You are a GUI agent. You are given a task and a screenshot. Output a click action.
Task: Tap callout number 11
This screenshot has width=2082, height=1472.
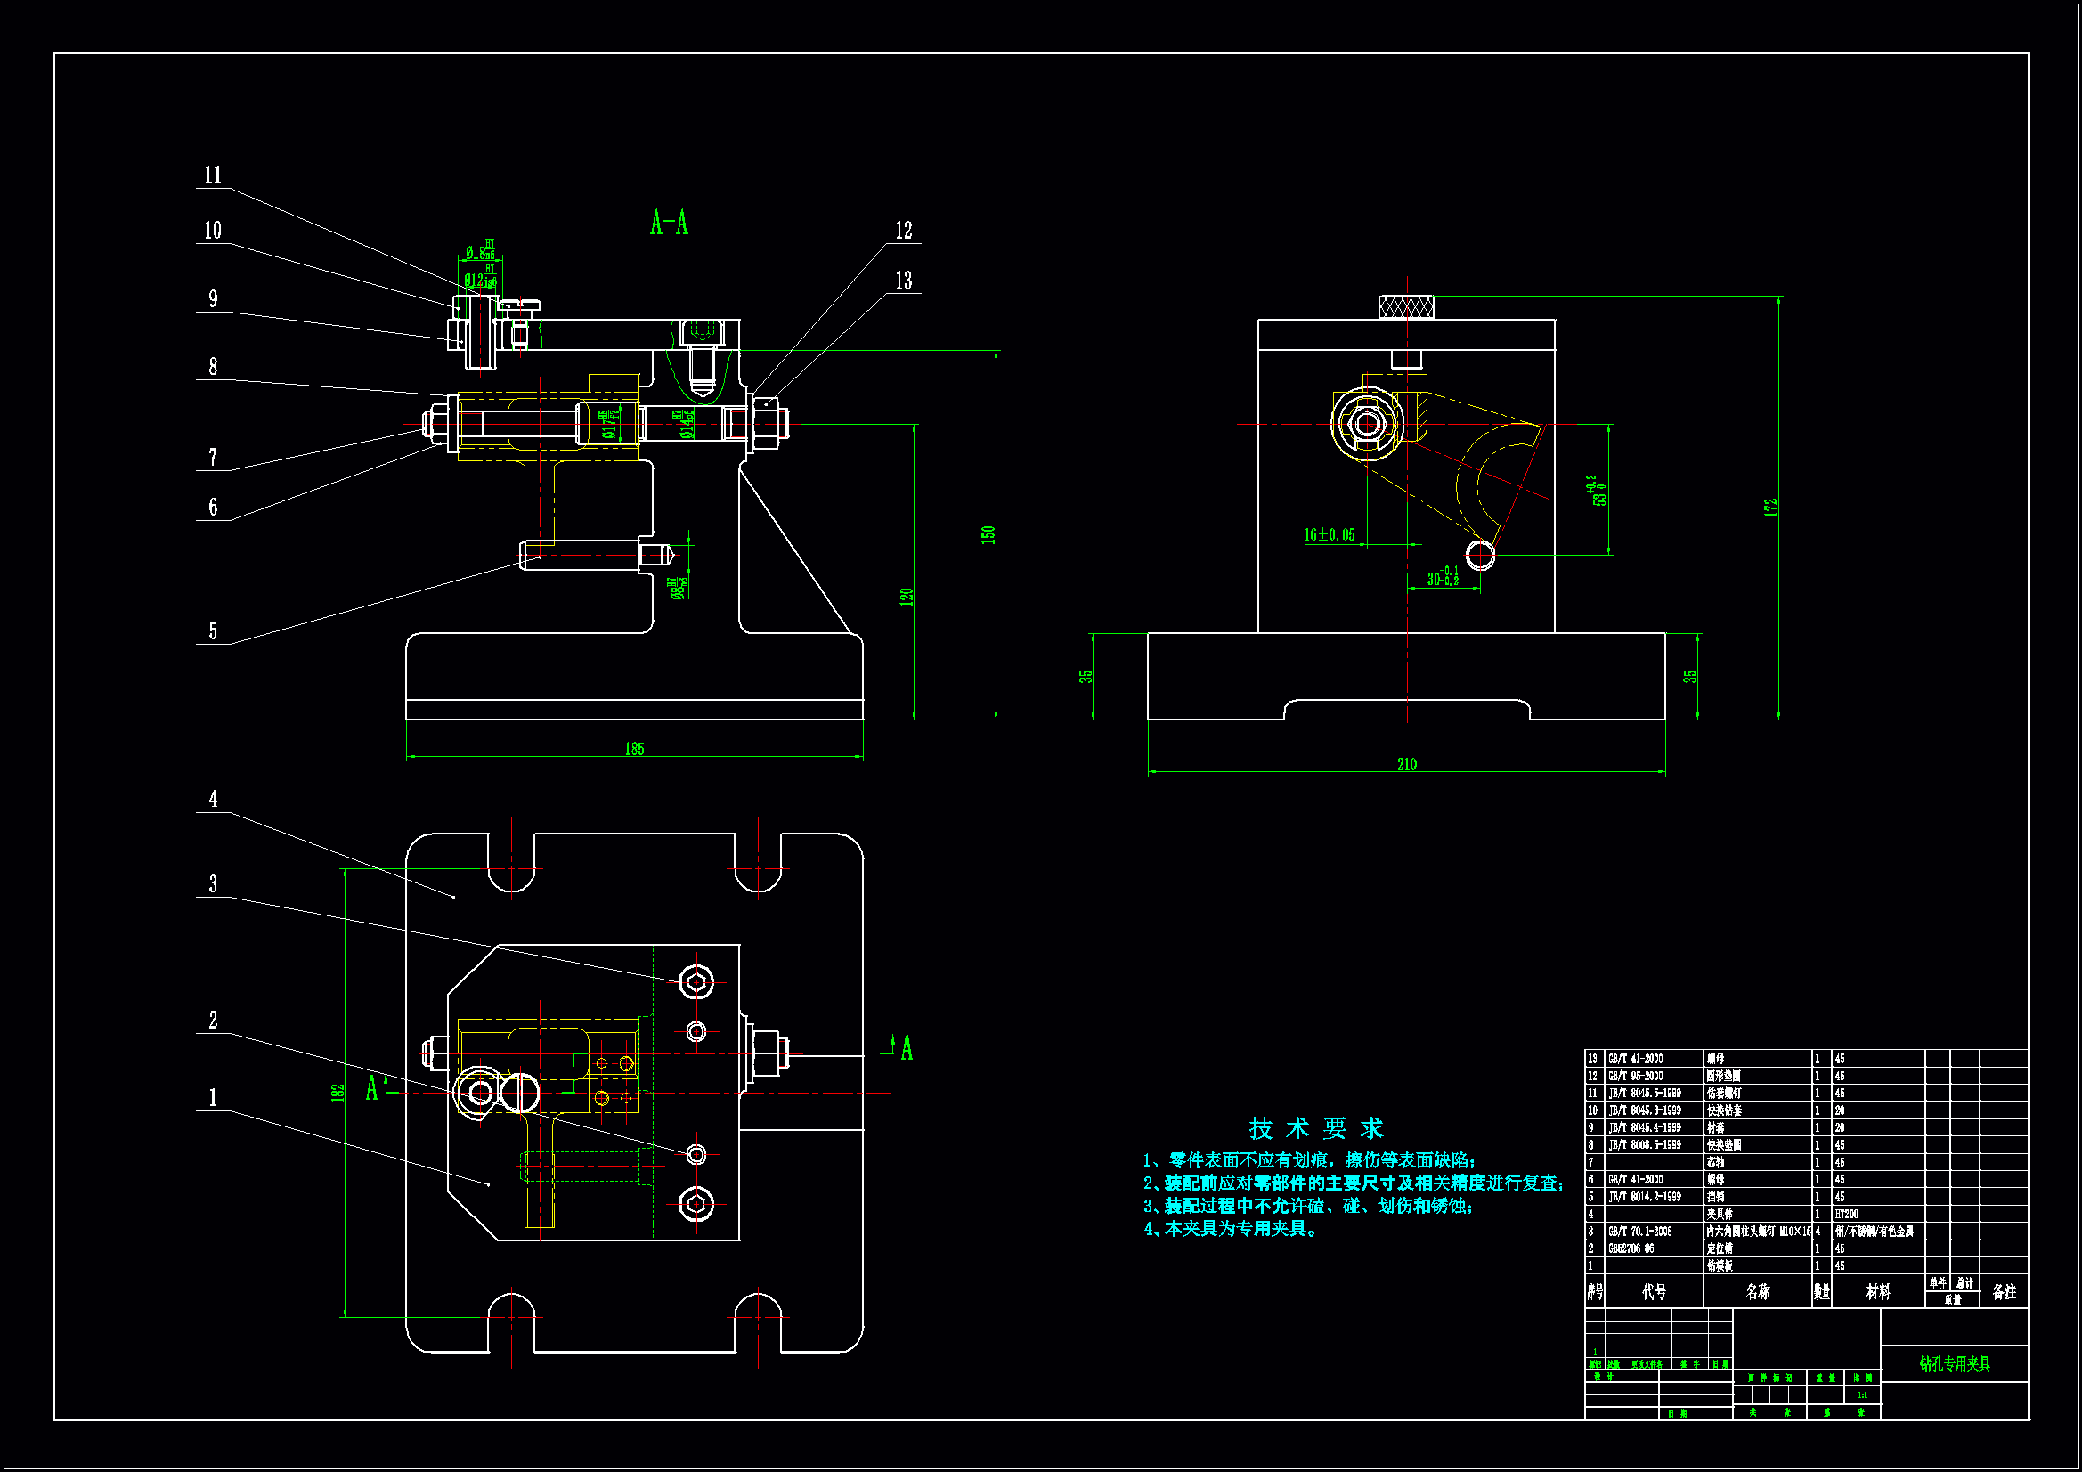coord(213,175)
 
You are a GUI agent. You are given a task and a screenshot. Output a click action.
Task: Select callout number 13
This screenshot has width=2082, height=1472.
coord(903,281)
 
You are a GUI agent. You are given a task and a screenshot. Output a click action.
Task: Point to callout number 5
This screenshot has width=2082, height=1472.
coord(213,630)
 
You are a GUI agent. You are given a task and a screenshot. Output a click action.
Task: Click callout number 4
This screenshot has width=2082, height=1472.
coord(213,799)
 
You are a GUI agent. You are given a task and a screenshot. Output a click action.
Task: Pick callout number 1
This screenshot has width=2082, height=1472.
coord(213,1097)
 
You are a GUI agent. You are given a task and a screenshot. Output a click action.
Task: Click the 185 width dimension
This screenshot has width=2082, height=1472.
coord(634,748)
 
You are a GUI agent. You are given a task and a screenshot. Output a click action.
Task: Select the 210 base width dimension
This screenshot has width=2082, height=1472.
coord(1406,765)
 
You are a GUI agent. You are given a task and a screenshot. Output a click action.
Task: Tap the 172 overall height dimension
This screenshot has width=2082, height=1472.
coord(1771,508)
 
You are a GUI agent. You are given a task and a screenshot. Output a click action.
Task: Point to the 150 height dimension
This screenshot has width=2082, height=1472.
coord(988,534)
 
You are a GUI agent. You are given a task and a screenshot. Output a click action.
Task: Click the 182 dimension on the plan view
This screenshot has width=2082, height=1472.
coord(338,1093)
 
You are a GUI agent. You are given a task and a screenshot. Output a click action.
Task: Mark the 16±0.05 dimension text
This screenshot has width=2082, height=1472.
coord(1330,535)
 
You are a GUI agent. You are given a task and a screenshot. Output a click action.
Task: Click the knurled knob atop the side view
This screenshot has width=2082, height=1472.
coord(1405,307)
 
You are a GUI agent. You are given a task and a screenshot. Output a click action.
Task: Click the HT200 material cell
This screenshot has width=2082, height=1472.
coord(1846,1214)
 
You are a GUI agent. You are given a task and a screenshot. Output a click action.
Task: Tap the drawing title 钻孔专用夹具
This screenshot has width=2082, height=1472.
coord(1954,1364)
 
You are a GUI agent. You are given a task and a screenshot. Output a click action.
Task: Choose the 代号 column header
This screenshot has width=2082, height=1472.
coord(1654,1291)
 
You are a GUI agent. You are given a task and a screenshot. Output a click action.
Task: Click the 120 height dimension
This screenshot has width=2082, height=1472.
coord(906,597)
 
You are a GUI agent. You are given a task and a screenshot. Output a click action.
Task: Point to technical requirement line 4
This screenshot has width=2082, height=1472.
coord(1232,1229)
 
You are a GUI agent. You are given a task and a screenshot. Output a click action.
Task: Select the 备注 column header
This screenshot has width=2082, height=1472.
coord(2004,1291)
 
